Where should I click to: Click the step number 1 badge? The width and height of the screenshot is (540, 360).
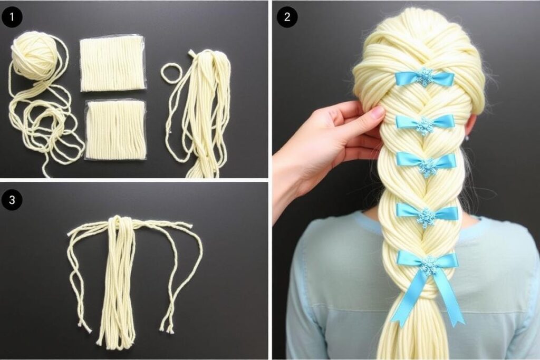[12, 16]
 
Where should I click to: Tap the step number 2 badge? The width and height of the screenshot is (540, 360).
[287, 16]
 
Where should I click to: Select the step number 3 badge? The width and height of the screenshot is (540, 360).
[12, 200]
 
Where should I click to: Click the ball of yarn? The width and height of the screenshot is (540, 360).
[33, 52]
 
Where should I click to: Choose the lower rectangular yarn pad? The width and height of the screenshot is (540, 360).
[115, 130]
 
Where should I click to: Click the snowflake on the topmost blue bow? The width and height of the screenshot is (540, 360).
[425, 77]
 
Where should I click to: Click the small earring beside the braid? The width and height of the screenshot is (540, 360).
[467, 138]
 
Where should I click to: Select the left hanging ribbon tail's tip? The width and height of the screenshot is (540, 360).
[397, 323]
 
